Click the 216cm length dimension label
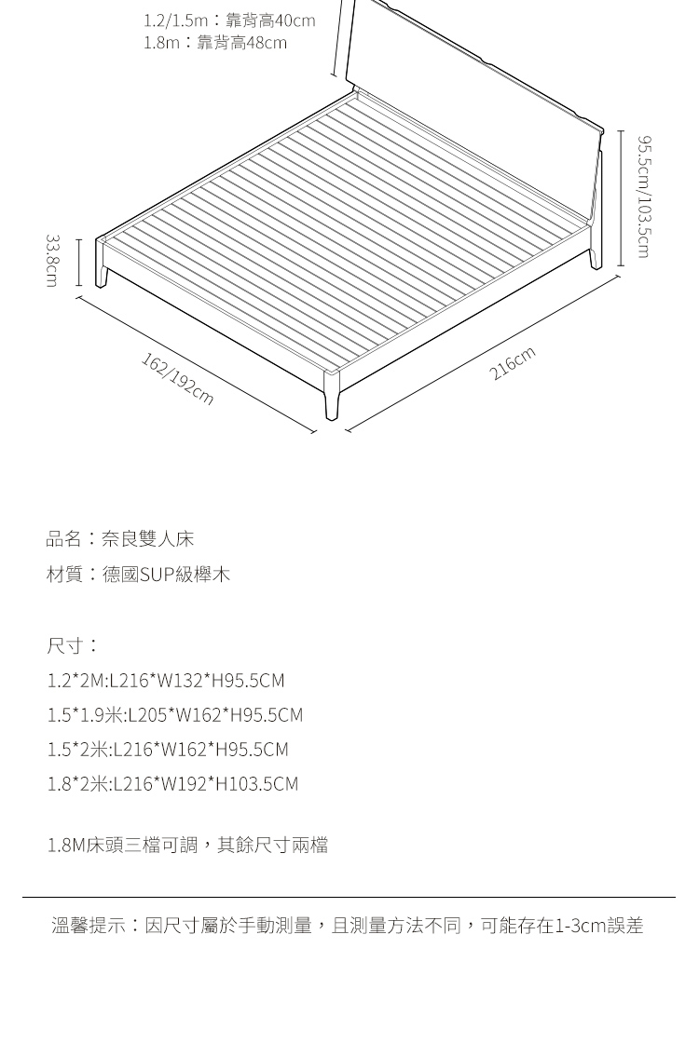[x=513, y=364]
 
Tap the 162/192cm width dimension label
[x=177, y=379]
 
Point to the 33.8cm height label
[x=53, y=261]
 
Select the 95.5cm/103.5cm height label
[x=642, y=196]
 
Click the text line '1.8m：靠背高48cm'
[x=215, y=43]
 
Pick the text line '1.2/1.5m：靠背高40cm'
[x=229, y=20]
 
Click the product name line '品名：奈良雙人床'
[x=120, y=539]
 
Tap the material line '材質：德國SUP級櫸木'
[x=138, y=575]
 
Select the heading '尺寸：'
[x=72, y=645]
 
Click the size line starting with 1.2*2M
[x=166, y=681]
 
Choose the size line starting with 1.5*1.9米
[x=175, y=715]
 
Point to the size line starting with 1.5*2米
[x=168, y=750]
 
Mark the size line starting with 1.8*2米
[x=172, y=784]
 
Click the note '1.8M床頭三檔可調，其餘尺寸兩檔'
[x=187, y=846]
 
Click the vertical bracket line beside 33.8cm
[x=78, y=262]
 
